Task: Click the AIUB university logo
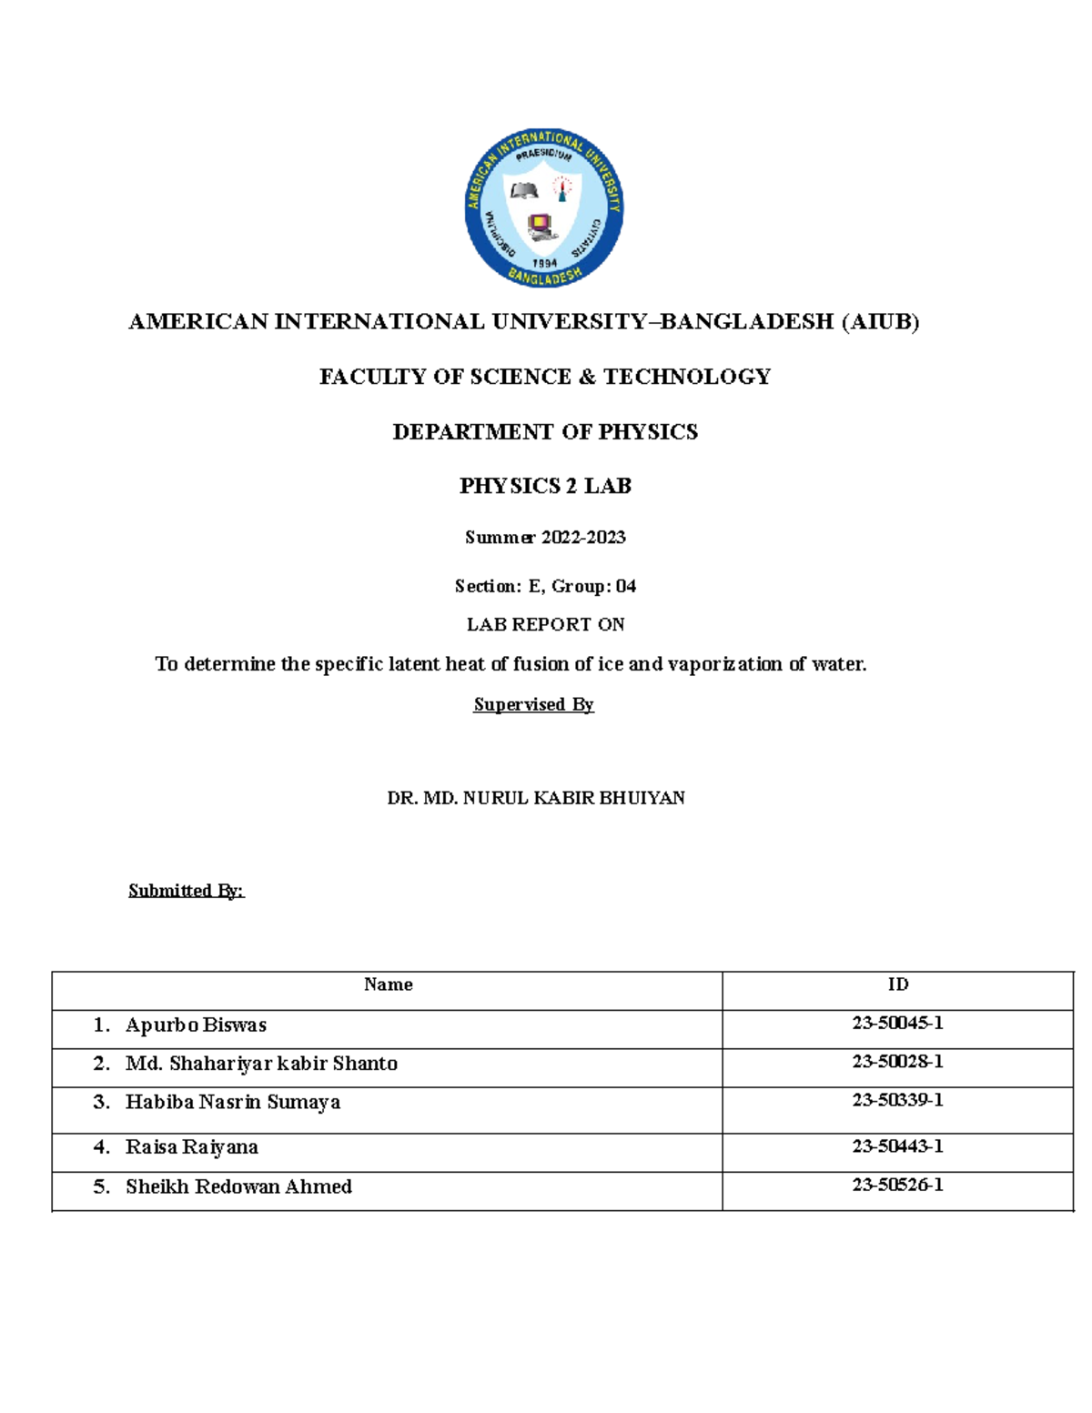pyautogui.click(x=543, y=208)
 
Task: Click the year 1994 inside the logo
pyautogui.click(x=544, y=263)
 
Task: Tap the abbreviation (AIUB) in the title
pyautogui.click(x=880, y=321)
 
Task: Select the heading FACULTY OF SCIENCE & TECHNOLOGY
pyautogui.click(x=545, y=377)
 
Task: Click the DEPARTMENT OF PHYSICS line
pyautogui.click(x=545, y=431)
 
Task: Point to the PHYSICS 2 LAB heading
pyautogui.click(x=545, y=486)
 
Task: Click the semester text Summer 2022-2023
pyautogui.click(x=545, y=538)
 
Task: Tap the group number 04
pyautogui.click(x=626, y=586)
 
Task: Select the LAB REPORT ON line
pyautogui.click(x=545, y=624)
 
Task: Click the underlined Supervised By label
pyautogui.click(x=533, y=704)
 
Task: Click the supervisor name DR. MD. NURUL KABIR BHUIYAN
pyautogui.click(x=536, y=798)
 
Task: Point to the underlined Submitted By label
pyautogui.click(x=187, y=891)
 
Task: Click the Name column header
pyautogui.click(x=388, y=984)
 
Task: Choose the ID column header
pyautogui.click(x=898, y=984)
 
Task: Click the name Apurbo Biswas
pyautogui.click(x=196, y=1025)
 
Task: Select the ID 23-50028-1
pyautogui.click(x=897, y=1062)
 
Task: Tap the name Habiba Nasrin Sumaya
pyautogui.click(x=233, y=1103)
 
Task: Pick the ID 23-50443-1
pyautogui.click(x=897, y=1146)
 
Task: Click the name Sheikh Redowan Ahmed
pyautogui.click(x=238, y=1186)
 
